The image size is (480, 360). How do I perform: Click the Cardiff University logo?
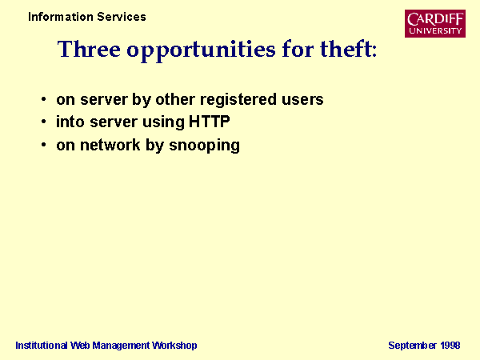pos(435,23)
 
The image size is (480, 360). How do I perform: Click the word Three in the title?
pos(89,49)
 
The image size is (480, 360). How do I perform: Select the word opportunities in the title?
pos(201,51)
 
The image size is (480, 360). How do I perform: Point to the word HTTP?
pos(209,122)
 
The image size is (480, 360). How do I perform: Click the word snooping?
pos(205,146)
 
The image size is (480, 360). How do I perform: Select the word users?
pos(302,100)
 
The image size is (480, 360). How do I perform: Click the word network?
pos(110,145)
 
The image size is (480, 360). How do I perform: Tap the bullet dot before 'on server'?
pos(44,99)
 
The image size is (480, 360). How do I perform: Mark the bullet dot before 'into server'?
pos(44,122)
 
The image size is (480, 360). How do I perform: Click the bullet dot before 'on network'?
pos(44,145)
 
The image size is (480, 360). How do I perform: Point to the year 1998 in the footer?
pos(450,346)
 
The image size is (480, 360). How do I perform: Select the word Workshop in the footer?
pos(174,346)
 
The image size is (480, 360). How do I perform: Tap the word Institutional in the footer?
pos(42,346)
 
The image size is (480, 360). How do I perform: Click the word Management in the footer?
pos(121,346)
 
